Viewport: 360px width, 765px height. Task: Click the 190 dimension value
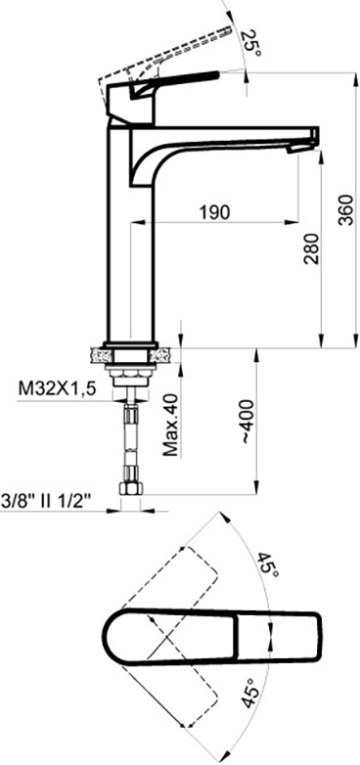(x=214, y=212)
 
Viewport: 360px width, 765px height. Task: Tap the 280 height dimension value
(x=312, y=248)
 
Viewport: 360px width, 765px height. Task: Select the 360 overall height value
(x=346, y=209)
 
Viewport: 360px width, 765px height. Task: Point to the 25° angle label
(x=250, y=43)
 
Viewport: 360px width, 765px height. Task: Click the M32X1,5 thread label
(x=57, y=389)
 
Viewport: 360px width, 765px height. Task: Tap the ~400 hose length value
(x=247, y=421)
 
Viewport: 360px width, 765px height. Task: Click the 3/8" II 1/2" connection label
(x=46, y=501)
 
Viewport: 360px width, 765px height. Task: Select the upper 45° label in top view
(x=267, y=566)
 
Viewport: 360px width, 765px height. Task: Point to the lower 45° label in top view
(x=248, y=693)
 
